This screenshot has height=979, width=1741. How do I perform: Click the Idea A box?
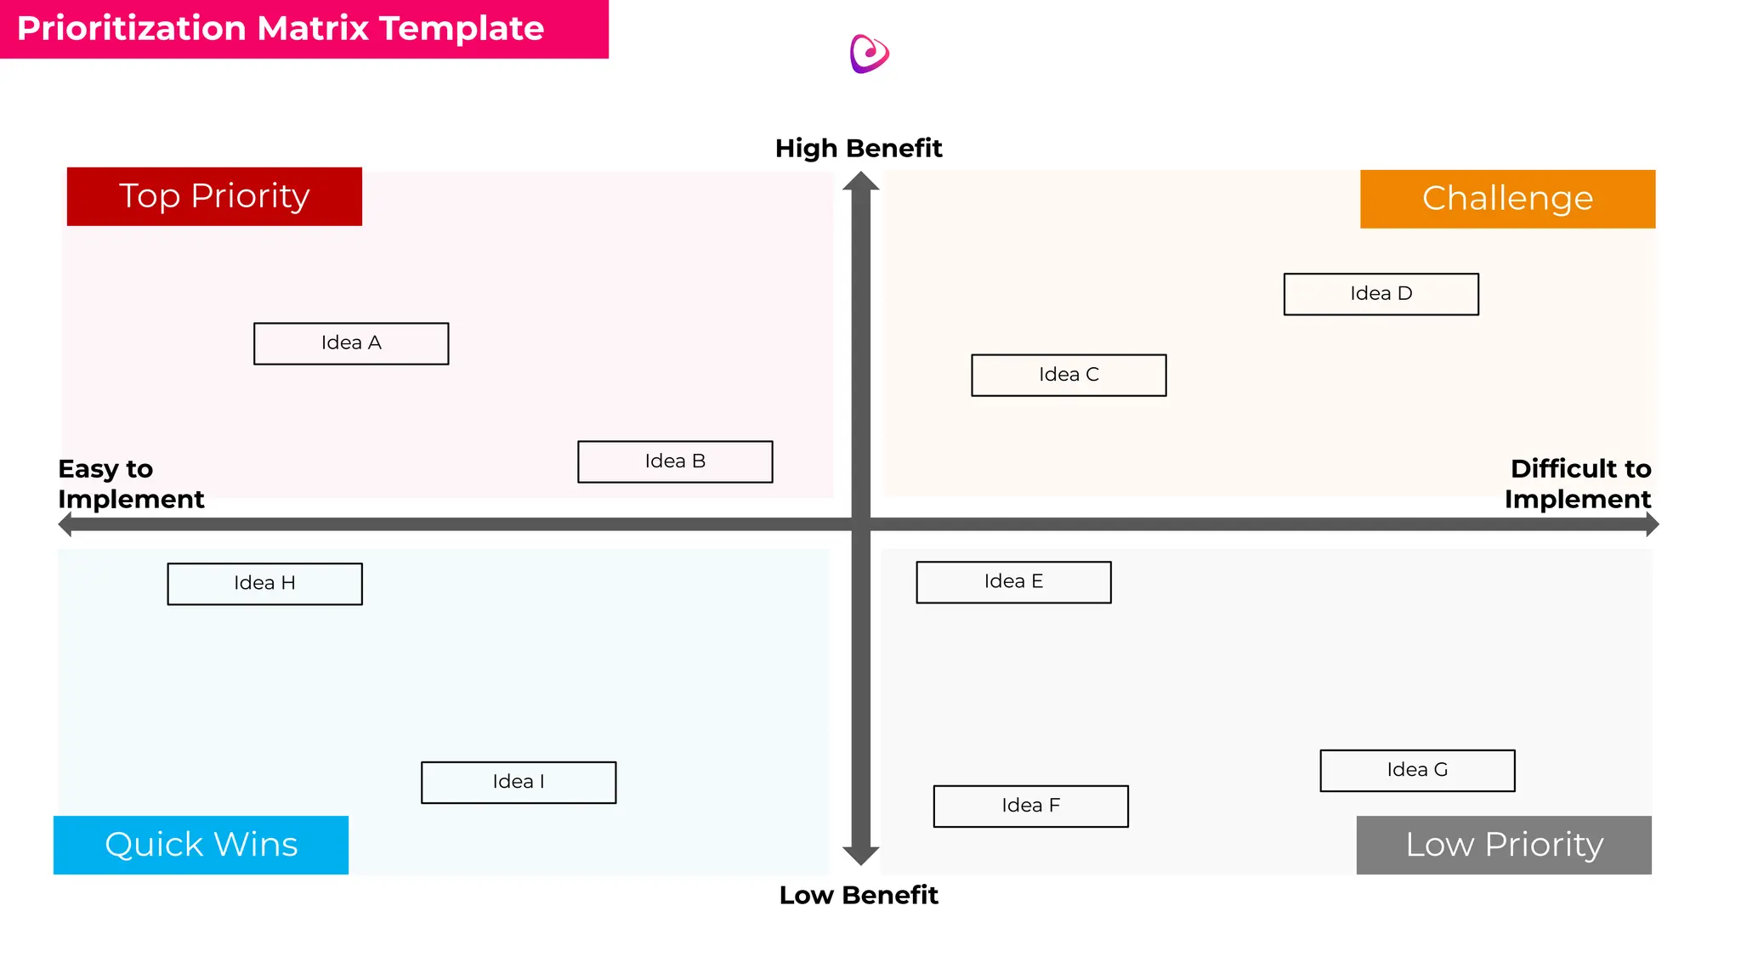tap(351, 343)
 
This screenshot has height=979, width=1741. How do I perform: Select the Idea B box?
tap(675, 461)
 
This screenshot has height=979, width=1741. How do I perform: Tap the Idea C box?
tap(1069, 375)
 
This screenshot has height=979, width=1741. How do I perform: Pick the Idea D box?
tap(1381, 294)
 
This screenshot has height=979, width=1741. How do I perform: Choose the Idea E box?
tap(1013, 582)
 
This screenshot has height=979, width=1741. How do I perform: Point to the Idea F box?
tap(1030, 806)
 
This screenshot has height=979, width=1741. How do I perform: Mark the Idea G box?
tap(1417, 770)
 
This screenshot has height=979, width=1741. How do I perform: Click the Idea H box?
tap(264, 584)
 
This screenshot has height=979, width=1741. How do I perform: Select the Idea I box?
tap(519, 782)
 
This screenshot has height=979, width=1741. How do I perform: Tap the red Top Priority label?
tap(214, 196)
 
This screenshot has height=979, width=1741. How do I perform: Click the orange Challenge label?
tap(1507, 199)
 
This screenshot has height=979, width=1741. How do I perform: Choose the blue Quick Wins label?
tap(201, 845)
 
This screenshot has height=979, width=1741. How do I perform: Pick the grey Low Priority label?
tap(1504, 845)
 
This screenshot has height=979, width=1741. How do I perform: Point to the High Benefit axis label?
tap(859, 149)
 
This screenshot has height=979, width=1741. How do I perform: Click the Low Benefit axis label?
tap(859, 895)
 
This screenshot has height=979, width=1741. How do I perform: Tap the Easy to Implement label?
tap(131, 484)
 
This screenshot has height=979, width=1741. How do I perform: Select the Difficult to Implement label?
tap(1578, 484)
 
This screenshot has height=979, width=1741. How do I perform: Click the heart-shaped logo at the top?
tap(869, 54)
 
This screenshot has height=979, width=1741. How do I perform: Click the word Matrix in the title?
tap(313, 29)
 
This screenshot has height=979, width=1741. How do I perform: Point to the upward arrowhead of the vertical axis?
tap(860, 182)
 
